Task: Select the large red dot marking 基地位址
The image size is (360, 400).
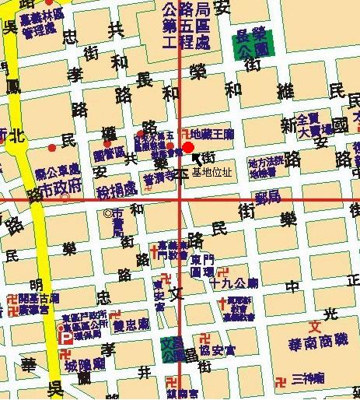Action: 188,148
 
